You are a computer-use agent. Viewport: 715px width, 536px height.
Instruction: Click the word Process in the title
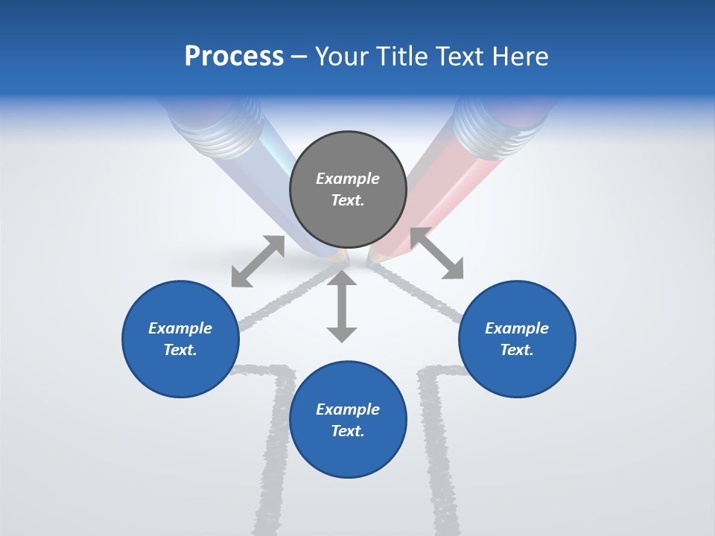[x=234, y=57]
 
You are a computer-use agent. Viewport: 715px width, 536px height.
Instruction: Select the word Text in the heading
[x=460, y=57]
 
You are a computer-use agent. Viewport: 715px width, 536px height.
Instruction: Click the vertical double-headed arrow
[x=342, y=306]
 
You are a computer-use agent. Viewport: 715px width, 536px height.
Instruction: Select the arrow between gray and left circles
[x=258, y=261]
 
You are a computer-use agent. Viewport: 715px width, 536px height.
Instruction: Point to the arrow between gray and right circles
[x=436, y=253]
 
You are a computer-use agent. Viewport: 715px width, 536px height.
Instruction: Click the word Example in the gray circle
[x=348, y=179]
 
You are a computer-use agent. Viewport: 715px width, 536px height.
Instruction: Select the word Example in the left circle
[x=180, y=328]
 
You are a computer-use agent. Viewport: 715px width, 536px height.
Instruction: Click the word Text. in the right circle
[x=517, y=350]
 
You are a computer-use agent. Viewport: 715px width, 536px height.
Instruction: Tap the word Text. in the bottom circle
[x=348, y=431]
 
